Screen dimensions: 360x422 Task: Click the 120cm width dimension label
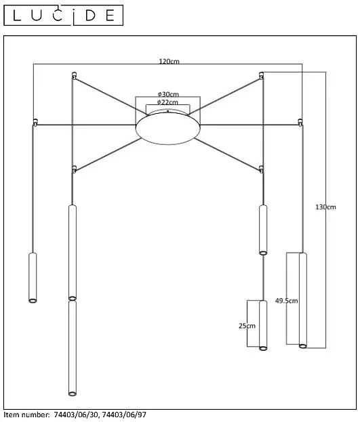tap(169, 62)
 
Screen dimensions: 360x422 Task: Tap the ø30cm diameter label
tap(168, 94)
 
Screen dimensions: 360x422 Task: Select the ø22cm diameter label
tap(167, 102)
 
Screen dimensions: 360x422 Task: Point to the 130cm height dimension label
tap(325, 207)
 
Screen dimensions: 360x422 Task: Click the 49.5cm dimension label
tap(286, 300)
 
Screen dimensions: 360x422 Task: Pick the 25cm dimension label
tap(247, 326)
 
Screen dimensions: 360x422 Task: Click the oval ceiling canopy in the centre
tap(168, 128)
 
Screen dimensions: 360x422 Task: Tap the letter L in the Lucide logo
tap(17, 16)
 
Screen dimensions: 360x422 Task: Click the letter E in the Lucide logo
tap(110, 16)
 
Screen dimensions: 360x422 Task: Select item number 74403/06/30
tap(77, 415)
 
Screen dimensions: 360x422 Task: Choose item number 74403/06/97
tap(124, 415)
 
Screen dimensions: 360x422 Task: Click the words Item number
tap(26, 415)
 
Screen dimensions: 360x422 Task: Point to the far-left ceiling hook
tap(35, 122)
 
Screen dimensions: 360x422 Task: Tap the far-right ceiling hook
tap(300, 122)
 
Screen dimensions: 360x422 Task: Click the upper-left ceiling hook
tap(74, 75)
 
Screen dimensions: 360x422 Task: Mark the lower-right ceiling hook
tap(261, 169)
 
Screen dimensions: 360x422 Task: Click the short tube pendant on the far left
tap(33, 278)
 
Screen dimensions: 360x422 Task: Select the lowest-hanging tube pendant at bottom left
tap(73, 348)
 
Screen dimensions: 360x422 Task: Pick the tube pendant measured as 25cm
tap(263, 325)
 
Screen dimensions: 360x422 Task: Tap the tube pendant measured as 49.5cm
tap(303, 300)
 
